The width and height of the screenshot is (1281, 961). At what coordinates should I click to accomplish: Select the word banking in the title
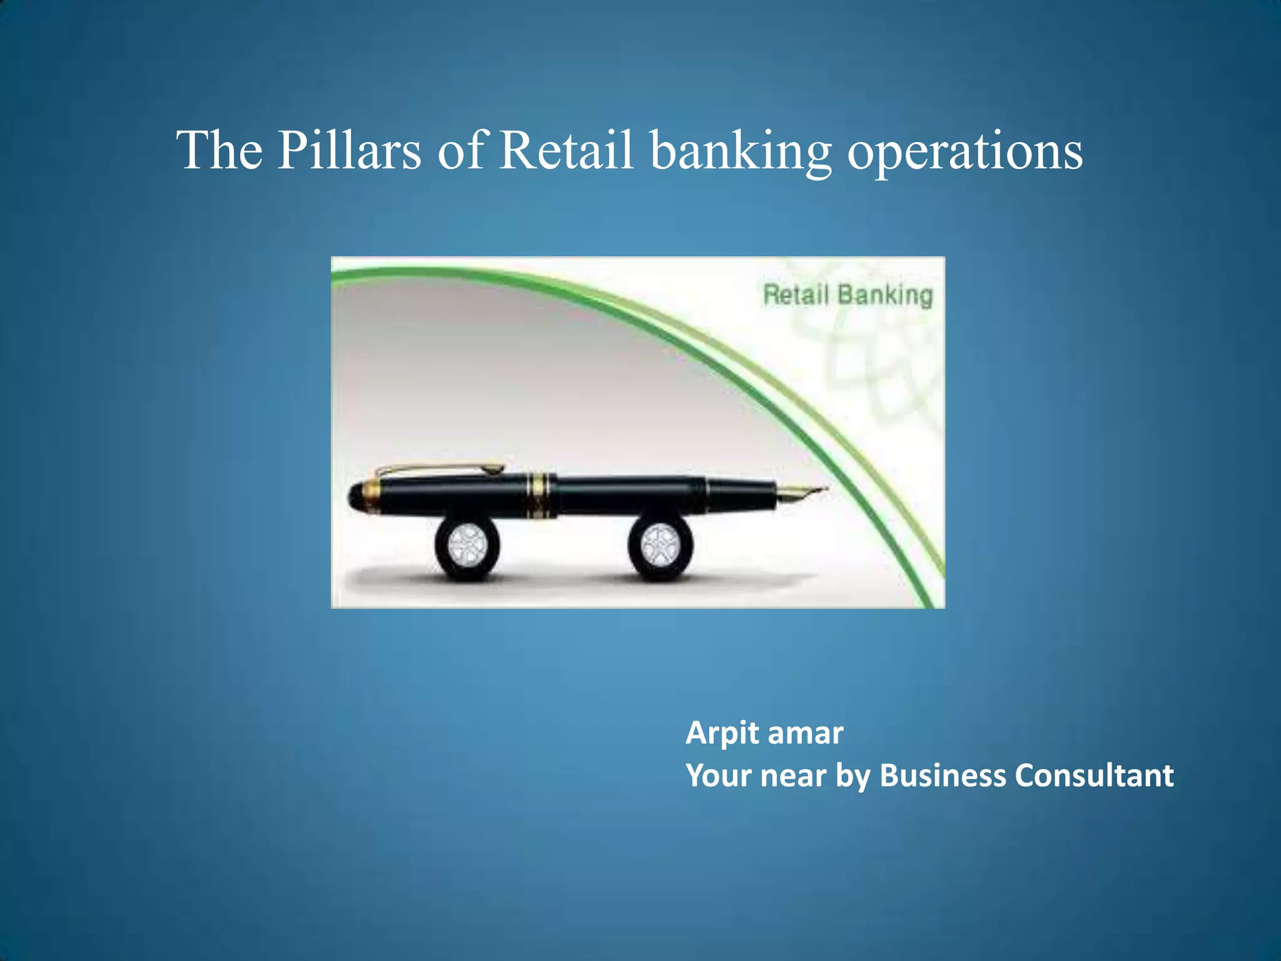coord(741,151)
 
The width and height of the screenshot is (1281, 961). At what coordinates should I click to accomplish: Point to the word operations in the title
coord(965,151)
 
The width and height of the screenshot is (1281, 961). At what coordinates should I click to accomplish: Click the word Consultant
coord(1093,776)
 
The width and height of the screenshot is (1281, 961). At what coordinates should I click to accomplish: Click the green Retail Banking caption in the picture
coord(848,295)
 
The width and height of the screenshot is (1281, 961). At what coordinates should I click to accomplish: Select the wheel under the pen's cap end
coord(467,545)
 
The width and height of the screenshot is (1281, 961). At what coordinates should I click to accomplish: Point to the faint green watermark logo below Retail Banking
coord(876,369)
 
